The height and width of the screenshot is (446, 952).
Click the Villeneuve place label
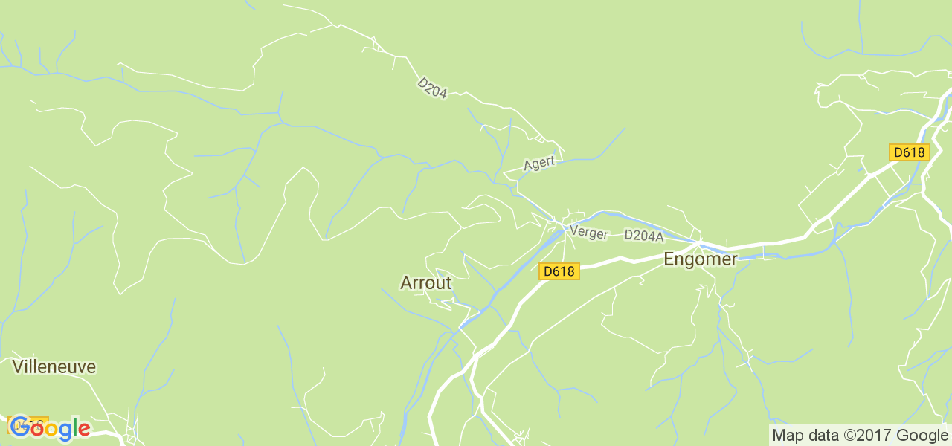(54, 366)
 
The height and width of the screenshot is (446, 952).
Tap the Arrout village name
(425, 283)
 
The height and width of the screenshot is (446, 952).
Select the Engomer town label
(700, 259)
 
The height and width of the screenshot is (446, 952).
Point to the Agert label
(539, 164)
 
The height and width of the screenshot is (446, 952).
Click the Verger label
(588, 233)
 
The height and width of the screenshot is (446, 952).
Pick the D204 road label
(432, 88)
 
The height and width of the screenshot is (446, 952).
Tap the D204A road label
(643, 236)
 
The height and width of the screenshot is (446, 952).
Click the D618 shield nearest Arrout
(559, 271)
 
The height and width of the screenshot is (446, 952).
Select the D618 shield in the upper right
(909, 152)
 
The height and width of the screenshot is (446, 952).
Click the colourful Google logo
(49, 428)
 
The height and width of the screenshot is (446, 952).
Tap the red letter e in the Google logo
(83, 430)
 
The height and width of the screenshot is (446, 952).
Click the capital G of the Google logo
(19, 427)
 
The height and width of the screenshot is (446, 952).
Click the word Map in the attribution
(787, 436)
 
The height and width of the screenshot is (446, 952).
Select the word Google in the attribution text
(922, 436)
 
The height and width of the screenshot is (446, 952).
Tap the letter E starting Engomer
(669, 259)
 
